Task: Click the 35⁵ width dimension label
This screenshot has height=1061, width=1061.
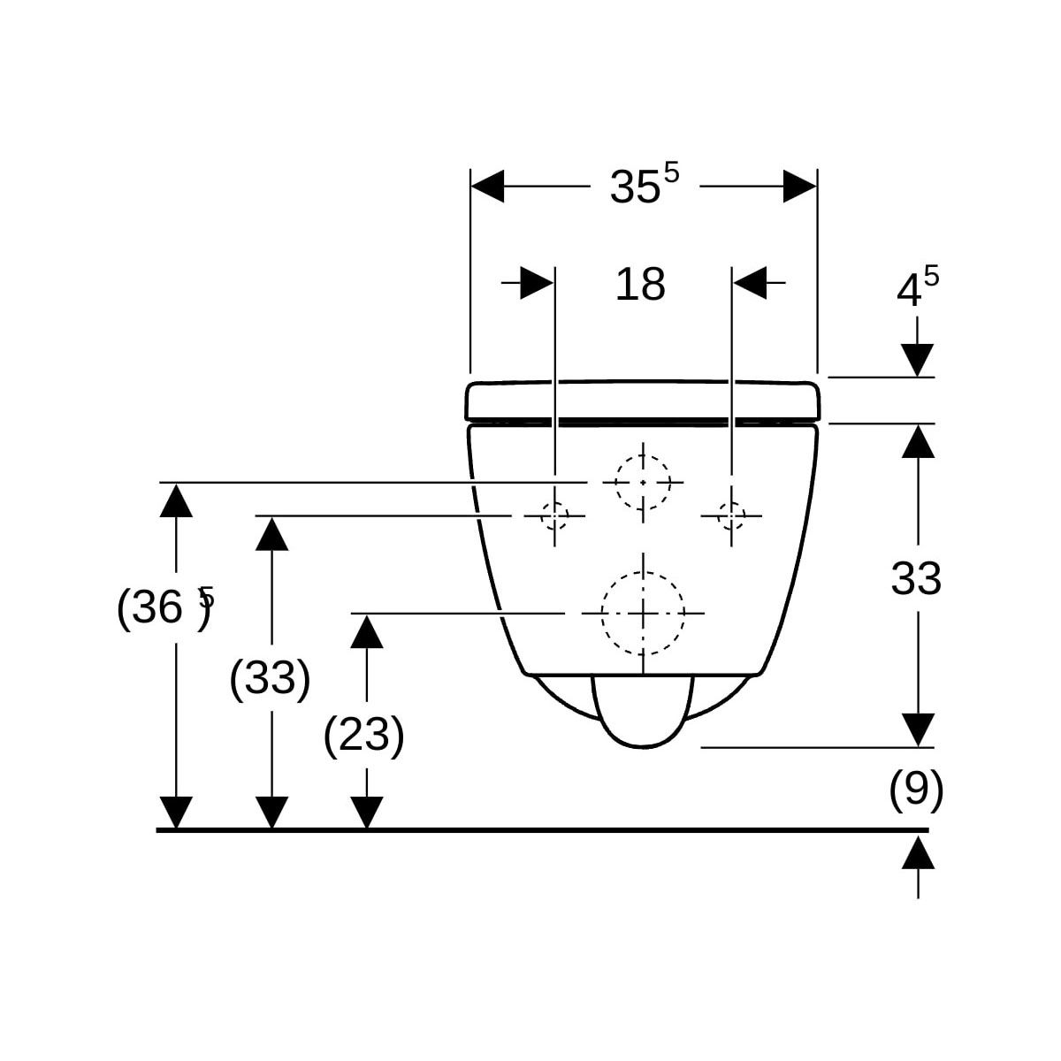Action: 644,185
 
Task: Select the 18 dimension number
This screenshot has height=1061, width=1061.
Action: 640,285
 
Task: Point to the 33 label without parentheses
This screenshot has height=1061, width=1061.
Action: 916,580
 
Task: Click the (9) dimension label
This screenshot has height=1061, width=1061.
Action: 916,790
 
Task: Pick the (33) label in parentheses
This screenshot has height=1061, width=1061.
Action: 270,679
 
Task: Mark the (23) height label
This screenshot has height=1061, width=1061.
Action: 364,735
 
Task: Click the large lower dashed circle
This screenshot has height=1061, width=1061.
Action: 643,613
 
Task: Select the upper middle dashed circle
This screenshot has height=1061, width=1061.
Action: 643,482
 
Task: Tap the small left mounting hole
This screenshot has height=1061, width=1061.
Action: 554,515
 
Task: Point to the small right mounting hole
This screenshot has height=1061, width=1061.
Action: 731,515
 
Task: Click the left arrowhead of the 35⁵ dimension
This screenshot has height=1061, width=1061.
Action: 487,186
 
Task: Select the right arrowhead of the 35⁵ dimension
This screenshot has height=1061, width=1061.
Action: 799,186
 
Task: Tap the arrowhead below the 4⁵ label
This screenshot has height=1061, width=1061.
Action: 919,360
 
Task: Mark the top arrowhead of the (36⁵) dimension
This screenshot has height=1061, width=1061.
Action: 177,500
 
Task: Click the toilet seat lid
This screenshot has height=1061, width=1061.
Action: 644,400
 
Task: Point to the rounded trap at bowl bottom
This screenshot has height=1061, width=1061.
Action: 643,712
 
